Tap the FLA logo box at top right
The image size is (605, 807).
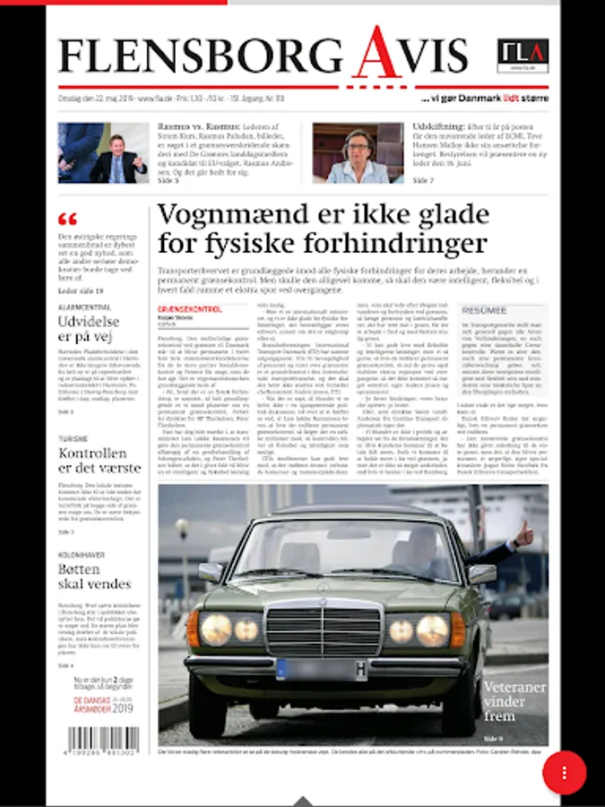point(523,56)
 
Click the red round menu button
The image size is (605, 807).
point(564,772)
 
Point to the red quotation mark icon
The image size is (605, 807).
point(67,219)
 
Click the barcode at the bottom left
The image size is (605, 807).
point(104,741)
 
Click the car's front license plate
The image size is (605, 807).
point(324,669)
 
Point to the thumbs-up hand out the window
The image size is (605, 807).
point(522,537)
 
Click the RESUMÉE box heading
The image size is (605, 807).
point(484,310)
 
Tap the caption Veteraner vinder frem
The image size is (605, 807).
point(513,701)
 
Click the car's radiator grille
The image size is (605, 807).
point(324,630)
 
